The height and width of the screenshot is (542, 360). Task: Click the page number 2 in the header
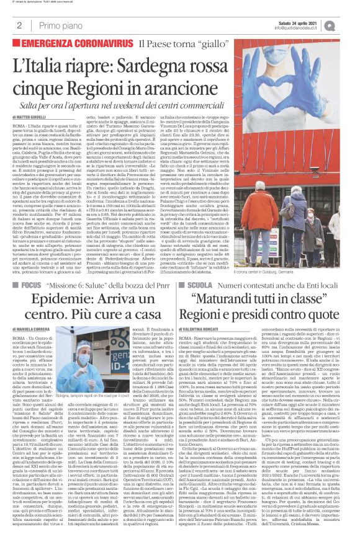(x=20, y=25)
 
